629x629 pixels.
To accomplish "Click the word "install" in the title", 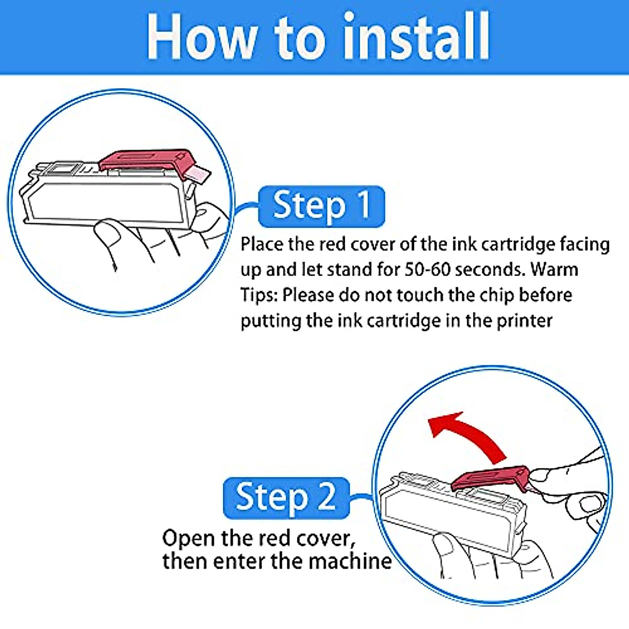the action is pyautogui.click(x=417, y=36).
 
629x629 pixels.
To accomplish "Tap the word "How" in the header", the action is pyautogui.click(x=201, y=37).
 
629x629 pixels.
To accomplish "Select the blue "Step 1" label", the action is pyautogui.click(x=321, y=207).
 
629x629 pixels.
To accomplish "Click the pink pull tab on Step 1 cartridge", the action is pyautogui.click(x=198, y=175).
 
